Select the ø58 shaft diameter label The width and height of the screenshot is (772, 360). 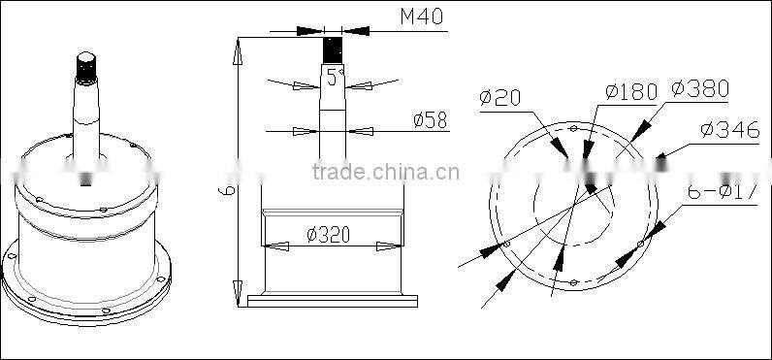(429, 120)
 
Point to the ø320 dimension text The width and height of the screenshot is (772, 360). (328, 234)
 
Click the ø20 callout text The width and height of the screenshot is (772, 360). (500, 96)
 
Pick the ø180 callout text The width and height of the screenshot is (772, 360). (630, 91)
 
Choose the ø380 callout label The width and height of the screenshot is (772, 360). (698, 89)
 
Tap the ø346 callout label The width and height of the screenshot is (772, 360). (725, 128)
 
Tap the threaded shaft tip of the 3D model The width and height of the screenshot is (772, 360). (86, 65)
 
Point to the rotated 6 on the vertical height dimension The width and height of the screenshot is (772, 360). (225, 192)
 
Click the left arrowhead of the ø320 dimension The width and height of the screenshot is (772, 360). (275, 245)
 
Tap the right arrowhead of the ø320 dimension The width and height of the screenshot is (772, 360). (388, 245)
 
